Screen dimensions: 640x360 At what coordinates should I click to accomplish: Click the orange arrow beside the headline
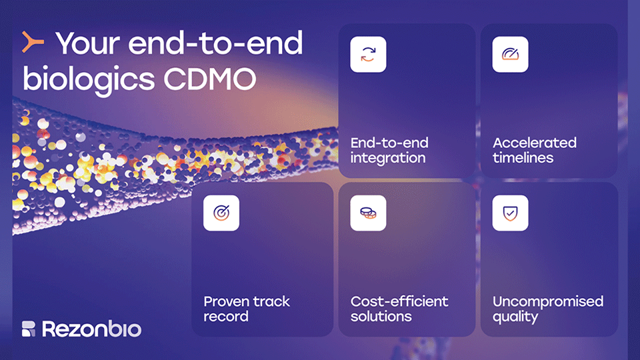pos(33,42)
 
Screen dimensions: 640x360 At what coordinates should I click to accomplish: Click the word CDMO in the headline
pos(210,79)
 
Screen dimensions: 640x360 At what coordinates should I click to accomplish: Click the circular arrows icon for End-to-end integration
pos(368,54)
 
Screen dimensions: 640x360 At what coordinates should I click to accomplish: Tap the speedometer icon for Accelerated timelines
pos(510,54)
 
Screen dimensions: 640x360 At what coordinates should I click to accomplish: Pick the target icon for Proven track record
pos(221,213)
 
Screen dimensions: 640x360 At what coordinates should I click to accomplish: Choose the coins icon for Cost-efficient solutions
pos(368,213)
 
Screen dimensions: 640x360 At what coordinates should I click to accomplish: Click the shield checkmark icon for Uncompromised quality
pos(510,213)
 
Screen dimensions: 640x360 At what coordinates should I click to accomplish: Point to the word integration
pos(388,158)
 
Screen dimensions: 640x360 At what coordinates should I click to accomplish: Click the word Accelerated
pos(534,143)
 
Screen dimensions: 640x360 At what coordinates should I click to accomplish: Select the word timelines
pos(523,157)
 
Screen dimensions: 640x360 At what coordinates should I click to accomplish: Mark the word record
pos(226,316)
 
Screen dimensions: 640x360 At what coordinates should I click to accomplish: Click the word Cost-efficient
pos(399,301)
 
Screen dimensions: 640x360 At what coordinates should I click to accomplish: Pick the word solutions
pos(381,316)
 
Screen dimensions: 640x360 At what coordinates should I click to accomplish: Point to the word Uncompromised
pos(548,301)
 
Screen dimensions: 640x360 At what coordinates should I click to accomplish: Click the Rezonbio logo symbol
pos(29,329)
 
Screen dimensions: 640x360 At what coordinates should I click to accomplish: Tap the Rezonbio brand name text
pos(91,329)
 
